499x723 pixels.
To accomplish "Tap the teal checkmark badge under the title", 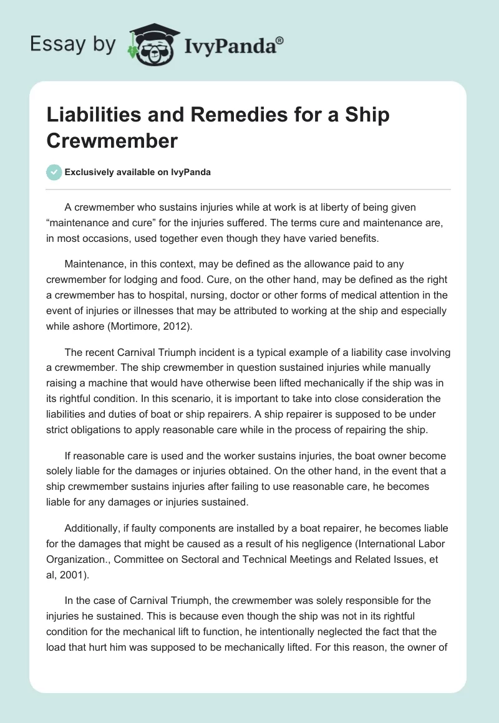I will click(55, 172).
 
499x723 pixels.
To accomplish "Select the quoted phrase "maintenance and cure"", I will click(100, 221).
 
